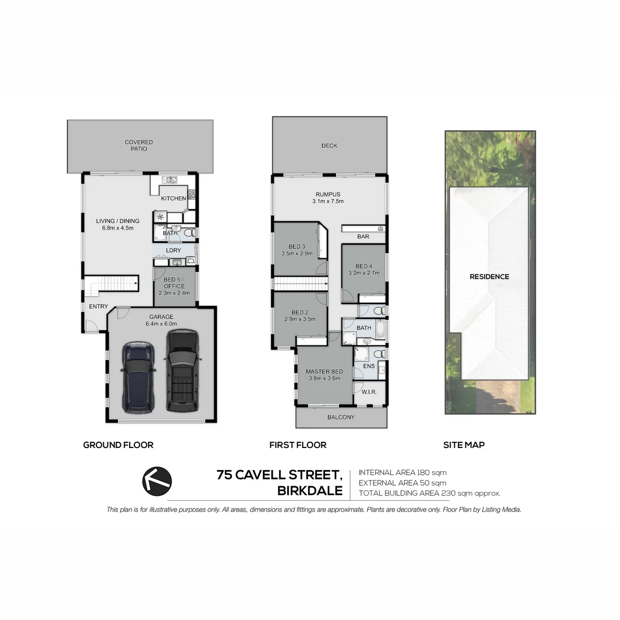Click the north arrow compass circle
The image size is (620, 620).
157,481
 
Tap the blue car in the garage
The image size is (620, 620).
138,377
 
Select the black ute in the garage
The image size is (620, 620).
182,370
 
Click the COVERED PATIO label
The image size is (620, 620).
138,145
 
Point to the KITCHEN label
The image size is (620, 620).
174,198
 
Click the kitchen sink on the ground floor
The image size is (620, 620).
169,179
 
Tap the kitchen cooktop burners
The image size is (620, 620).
192,194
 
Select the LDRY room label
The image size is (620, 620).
174,250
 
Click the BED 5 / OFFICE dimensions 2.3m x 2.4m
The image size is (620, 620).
174,293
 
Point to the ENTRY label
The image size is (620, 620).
99,306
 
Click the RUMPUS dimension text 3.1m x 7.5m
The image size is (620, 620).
328,202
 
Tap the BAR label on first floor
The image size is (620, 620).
363,237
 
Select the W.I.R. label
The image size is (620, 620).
369,392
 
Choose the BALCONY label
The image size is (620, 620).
340,417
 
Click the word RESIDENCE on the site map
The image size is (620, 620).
489,277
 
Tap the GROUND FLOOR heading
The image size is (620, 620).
118,445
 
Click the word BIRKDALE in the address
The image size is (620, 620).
310,491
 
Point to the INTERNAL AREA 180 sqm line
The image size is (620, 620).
402,472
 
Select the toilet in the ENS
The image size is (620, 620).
380,353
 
